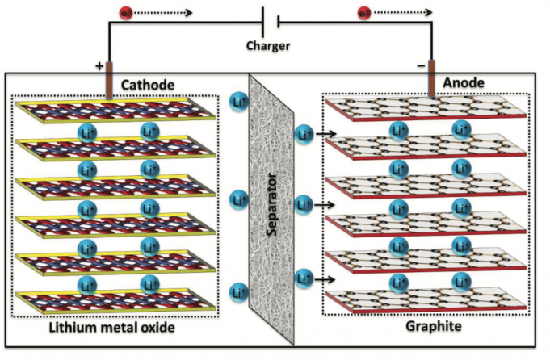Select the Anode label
(464, 83)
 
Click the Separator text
(275, 203)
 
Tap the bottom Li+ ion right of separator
(304, 279)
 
